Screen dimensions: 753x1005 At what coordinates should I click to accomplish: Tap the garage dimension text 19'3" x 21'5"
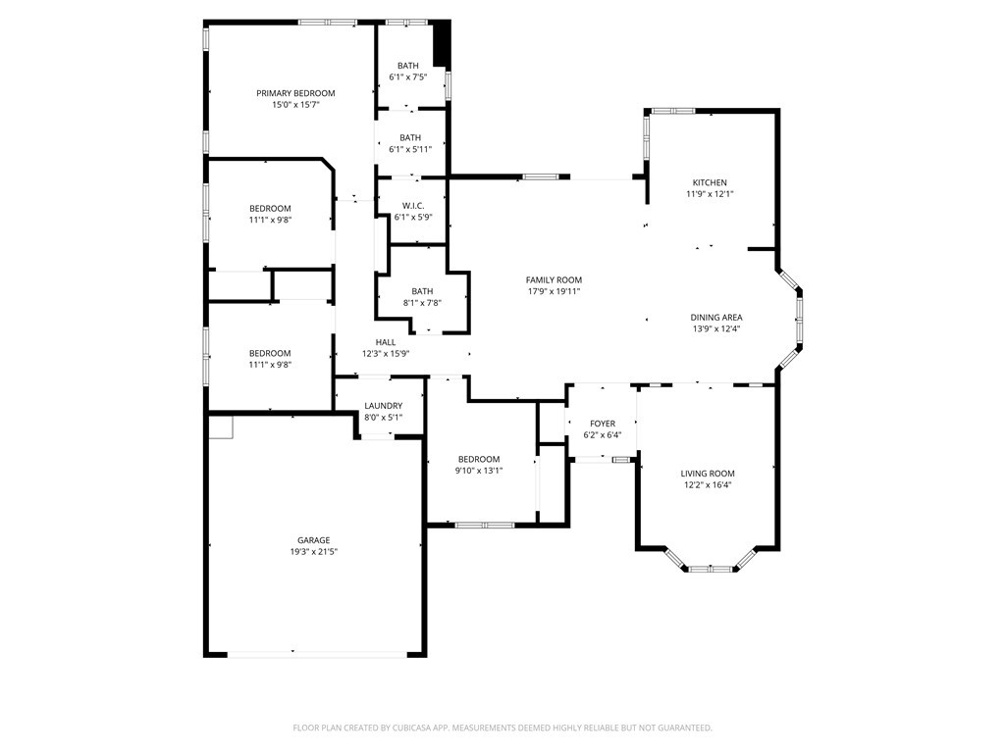(313, 552)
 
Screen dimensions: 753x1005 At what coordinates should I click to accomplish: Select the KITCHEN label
(710, 182)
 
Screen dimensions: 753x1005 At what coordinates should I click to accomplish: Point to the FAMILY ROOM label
(554, 279)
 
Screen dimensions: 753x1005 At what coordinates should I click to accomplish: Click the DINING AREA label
(715, 317)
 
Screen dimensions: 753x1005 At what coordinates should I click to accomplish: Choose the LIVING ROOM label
(708, 473)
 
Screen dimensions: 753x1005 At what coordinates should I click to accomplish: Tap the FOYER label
(603, 424)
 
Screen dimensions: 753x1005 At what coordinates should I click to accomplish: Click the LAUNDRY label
(383, 406)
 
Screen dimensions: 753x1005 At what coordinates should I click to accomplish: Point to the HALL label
(386, 342)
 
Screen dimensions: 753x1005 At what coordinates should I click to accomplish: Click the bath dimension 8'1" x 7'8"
(422, 303)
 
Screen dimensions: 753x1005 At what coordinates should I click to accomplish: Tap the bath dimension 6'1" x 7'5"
(408, 76)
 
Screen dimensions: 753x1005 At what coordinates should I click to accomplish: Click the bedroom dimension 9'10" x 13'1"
(479, 471)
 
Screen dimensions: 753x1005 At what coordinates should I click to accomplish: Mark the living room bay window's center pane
(709, 569)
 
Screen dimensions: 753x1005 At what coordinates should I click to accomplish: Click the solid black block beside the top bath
(442, 44)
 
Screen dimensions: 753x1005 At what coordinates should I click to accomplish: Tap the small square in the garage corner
(221, 427)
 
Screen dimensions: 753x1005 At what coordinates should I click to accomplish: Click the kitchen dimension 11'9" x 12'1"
(710, 194)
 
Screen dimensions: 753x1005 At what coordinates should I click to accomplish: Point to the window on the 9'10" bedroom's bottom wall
(485, 526)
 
